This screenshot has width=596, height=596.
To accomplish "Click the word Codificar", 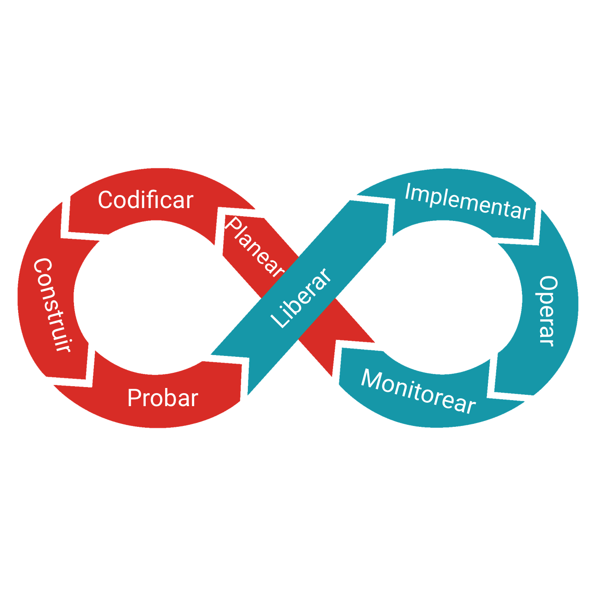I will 145,200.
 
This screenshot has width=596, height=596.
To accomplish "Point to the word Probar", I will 163,398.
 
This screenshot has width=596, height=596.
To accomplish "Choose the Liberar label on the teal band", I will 301,298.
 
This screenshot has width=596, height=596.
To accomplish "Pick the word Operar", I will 548,311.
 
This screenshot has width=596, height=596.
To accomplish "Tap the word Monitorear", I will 418,392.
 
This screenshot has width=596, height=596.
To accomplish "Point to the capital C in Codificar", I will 106,200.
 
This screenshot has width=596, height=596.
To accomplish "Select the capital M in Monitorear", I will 370,380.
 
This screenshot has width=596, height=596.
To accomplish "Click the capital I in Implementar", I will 407,192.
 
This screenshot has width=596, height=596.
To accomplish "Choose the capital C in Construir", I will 43,266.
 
